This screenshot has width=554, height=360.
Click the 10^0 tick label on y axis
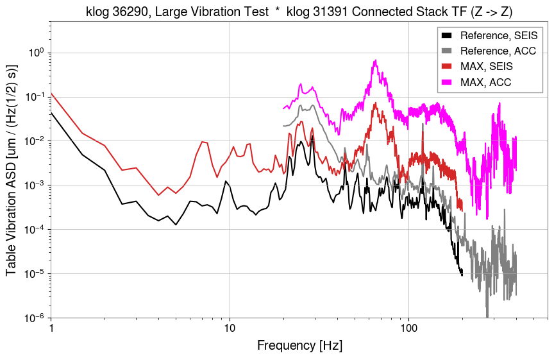click(37, 53)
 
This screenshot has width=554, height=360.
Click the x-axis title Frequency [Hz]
click(299, 346)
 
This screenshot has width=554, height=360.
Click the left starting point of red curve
click(51, 93)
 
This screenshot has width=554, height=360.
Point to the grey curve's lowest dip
click(487, 316)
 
